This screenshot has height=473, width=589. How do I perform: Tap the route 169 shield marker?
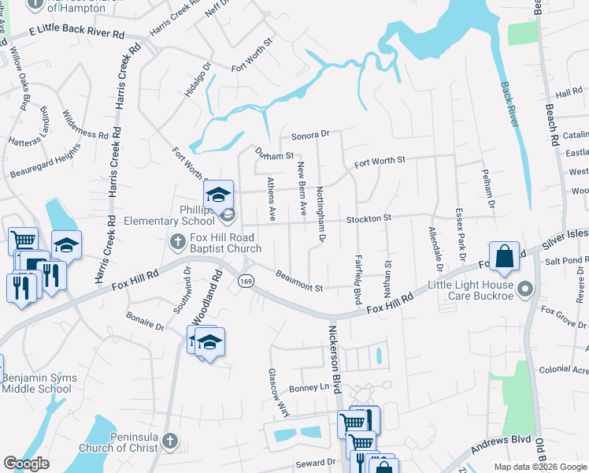coord(247,281)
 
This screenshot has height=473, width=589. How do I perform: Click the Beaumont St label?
coord(299,282)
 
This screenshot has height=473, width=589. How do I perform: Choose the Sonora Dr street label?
coord(309,135)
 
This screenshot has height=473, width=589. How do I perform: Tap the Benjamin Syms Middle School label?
coord(39,384)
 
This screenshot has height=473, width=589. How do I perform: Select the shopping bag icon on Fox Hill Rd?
coord(504,257)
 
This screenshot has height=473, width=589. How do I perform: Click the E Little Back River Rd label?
coord(77,33)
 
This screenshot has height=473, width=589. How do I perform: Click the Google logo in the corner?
coord(26,464)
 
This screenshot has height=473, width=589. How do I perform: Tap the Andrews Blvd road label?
coord(504,444)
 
